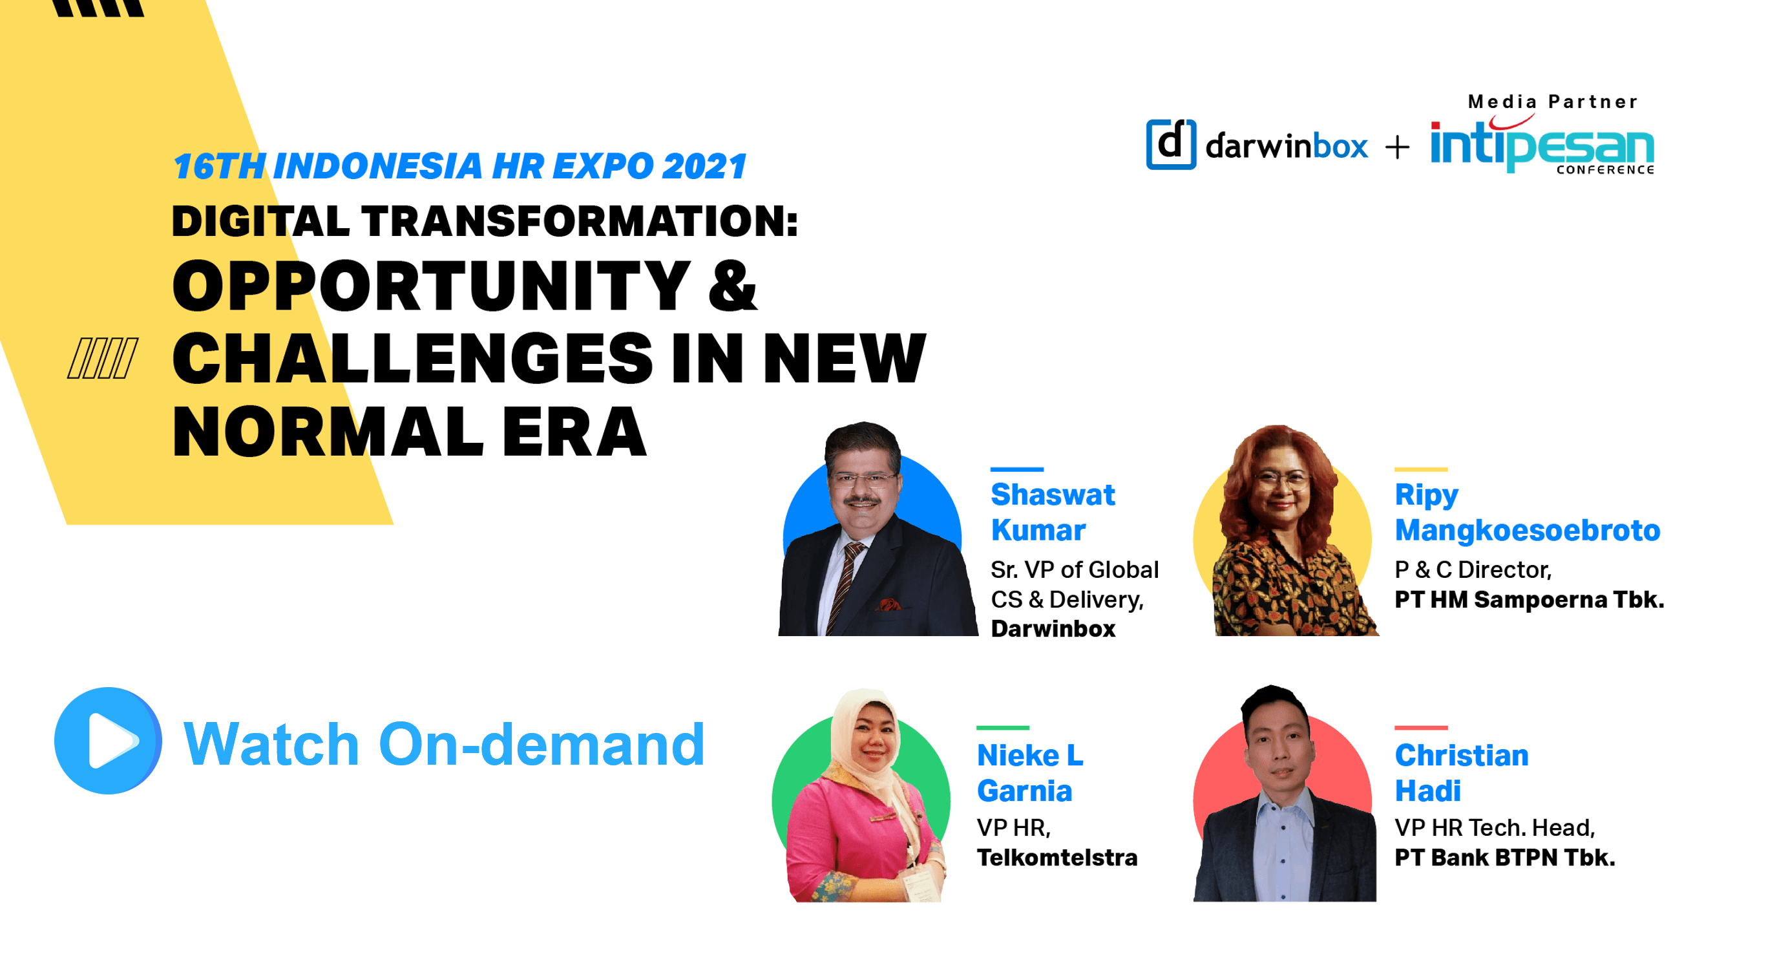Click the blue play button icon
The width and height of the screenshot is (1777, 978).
[x=108, y=741]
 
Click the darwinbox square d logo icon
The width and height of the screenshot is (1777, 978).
[x=1171, y=144]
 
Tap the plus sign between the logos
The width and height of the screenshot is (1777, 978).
[x=1398, y=147]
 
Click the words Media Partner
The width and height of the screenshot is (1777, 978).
[x=1552, y=102]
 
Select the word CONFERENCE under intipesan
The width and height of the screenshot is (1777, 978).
[x=1604, y=170]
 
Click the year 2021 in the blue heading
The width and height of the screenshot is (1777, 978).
[x=704, y=166]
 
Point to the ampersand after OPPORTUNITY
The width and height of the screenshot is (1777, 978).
[x=732, y=286]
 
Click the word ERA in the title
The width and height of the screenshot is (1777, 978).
[x=574, y=432]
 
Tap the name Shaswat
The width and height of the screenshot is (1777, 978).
[x=1052, y=495]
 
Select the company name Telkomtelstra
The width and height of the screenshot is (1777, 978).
[x=1057, y=857]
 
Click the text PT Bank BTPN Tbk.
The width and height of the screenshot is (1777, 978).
[x=1504, y=857]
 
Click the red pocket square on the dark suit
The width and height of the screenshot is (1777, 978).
[x=889, y=605]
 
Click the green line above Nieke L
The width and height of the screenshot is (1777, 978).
[x=1002, y=727]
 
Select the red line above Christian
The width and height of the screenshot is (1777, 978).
[x=1420, y=727]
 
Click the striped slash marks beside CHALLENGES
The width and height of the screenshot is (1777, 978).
[x=103, y=358]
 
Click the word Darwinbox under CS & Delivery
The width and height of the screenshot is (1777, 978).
[x=1053, y=629]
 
